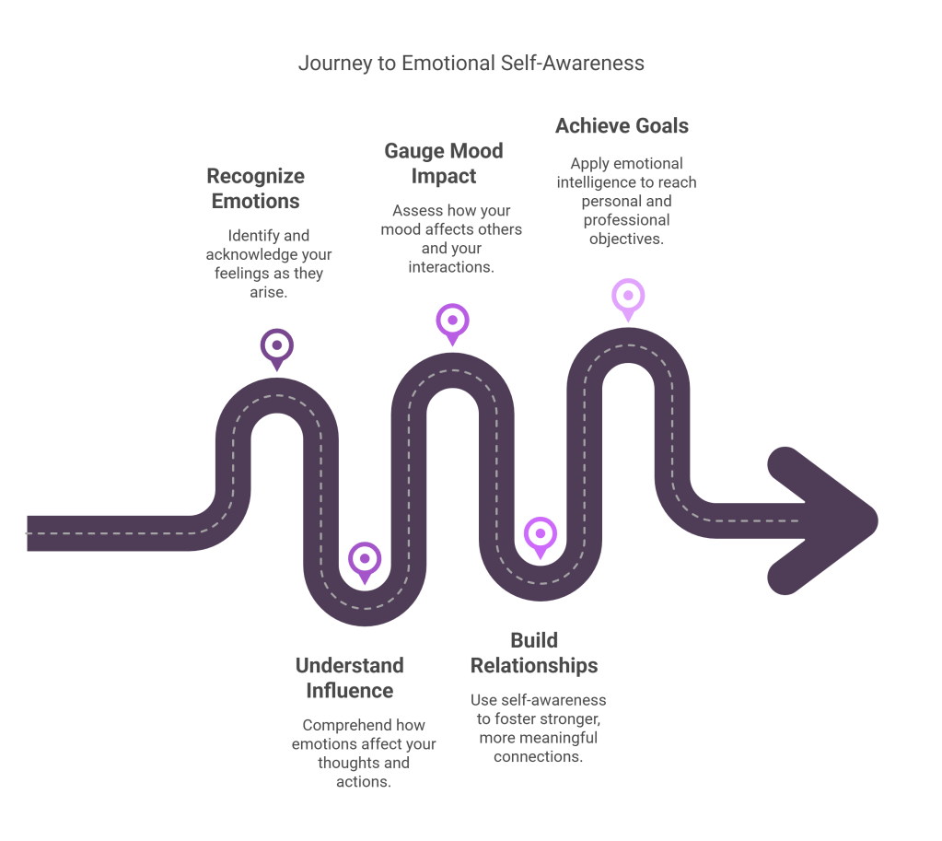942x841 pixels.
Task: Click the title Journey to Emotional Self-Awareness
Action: (471, 64)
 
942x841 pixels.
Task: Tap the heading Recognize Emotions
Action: (255, 188)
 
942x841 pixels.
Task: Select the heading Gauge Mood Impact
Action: (443, 163)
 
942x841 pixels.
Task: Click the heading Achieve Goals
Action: (622, 126)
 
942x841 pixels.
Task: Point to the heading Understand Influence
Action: (349, 677)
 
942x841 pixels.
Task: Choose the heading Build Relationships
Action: (534, 652)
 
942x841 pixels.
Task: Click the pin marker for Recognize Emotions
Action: (275, 346)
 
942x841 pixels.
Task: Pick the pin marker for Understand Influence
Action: (365, 559)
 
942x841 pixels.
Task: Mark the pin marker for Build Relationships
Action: (540, 534)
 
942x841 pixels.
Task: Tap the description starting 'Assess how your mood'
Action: (451, 238)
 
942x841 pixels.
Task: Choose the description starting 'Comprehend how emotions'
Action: (364, 753)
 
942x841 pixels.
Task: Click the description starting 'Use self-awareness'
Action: (539, 728)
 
